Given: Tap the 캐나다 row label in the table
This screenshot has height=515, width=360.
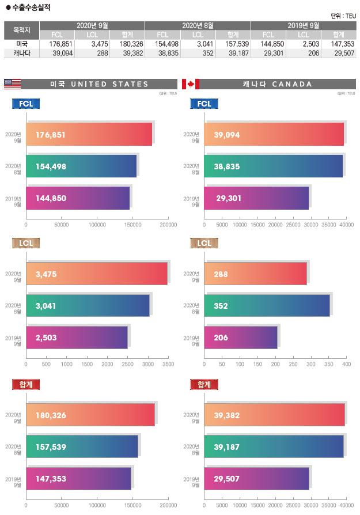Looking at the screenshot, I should tap(22, 53).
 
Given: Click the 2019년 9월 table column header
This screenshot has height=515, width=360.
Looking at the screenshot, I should tap(304, 25).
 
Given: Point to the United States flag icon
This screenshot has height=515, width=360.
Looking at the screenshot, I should tap(12, 84).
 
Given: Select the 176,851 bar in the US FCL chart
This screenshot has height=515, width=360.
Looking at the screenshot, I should tap(89, 135).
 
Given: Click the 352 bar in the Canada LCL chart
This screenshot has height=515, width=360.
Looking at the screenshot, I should tap(267, 305).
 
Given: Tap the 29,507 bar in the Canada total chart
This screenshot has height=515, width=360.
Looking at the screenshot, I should tap(256, 479).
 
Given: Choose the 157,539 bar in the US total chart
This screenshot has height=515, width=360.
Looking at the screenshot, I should tap(82, 447).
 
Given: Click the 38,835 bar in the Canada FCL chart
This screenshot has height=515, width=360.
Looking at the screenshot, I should tap(273, 166).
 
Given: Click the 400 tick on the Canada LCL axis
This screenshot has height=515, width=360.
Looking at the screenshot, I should tap(346, 365).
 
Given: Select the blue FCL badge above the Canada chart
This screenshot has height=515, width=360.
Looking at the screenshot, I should tap(204, 104).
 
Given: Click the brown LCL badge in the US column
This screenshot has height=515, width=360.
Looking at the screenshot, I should tap(26, 244).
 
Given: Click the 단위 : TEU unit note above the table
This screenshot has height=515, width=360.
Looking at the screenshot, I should tap(343, 16).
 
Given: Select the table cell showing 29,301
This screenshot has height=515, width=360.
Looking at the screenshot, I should tap(272, 53).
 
